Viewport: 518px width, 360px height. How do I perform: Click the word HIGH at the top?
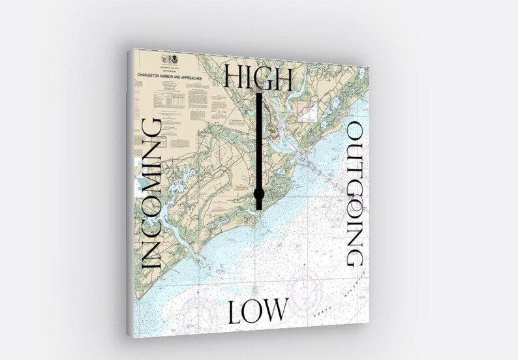click(258, 78)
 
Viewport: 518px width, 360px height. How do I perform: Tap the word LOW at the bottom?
click(258, 311)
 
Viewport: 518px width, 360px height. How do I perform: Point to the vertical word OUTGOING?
click(355, 194)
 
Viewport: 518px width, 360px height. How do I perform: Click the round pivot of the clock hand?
click(259, 194)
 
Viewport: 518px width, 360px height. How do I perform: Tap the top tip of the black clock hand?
click(259, 95)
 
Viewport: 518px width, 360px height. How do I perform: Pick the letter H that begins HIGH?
click(234, 78)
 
